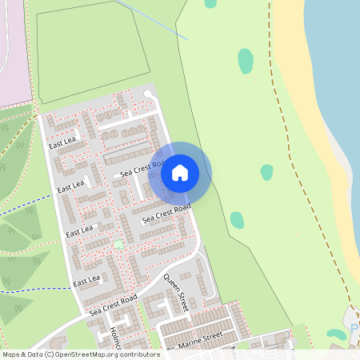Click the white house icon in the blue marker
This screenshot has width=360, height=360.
coord(180,172)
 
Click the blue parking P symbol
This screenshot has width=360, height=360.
coord(354,330)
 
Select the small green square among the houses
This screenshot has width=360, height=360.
coord(118,243)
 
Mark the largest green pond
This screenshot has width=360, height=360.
coord(245,61)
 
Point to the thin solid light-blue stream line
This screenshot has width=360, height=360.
coord(152,19)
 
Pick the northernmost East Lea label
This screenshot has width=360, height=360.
coord(62,142)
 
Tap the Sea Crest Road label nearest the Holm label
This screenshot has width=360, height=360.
coord(114,302)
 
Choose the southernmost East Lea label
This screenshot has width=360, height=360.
coord(86,281)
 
